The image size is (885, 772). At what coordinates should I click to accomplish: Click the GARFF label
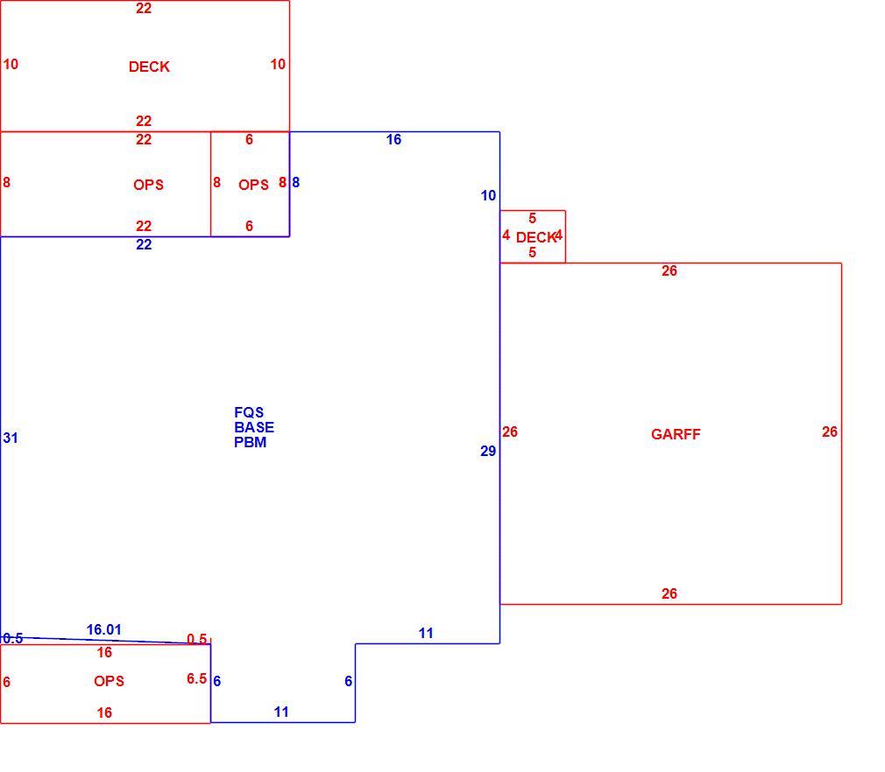(676, 434)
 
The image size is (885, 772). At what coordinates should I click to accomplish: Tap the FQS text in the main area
(249, 412)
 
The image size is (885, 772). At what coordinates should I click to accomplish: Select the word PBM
(250, 442)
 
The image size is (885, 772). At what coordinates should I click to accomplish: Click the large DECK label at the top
(149, 67)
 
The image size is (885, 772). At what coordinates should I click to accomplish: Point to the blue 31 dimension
(11, 438)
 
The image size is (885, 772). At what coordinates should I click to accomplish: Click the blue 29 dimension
(488, 451)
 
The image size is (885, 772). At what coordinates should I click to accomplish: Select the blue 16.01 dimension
(104, 629)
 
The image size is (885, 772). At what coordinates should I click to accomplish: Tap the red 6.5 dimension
(196, 678)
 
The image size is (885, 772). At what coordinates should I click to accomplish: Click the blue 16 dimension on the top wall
(393, 139)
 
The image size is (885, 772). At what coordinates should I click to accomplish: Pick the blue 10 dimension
(488, 196)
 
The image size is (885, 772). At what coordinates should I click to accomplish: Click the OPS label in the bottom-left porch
(109, 681)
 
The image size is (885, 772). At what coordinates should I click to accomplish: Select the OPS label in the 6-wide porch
(253, 185)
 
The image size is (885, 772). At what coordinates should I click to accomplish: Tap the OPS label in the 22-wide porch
(148, 185)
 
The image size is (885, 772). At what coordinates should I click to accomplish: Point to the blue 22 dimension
(144, 244)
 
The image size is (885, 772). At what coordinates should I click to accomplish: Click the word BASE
(254, 427)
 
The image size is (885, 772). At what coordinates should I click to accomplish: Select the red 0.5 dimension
(196, 639)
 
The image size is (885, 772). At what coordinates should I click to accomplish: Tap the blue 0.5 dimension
(12, 638)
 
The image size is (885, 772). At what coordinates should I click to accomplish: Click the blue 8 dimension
(296, 182)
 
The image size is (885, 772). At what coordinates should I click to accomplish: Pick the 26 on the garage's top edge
(669, 270)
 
